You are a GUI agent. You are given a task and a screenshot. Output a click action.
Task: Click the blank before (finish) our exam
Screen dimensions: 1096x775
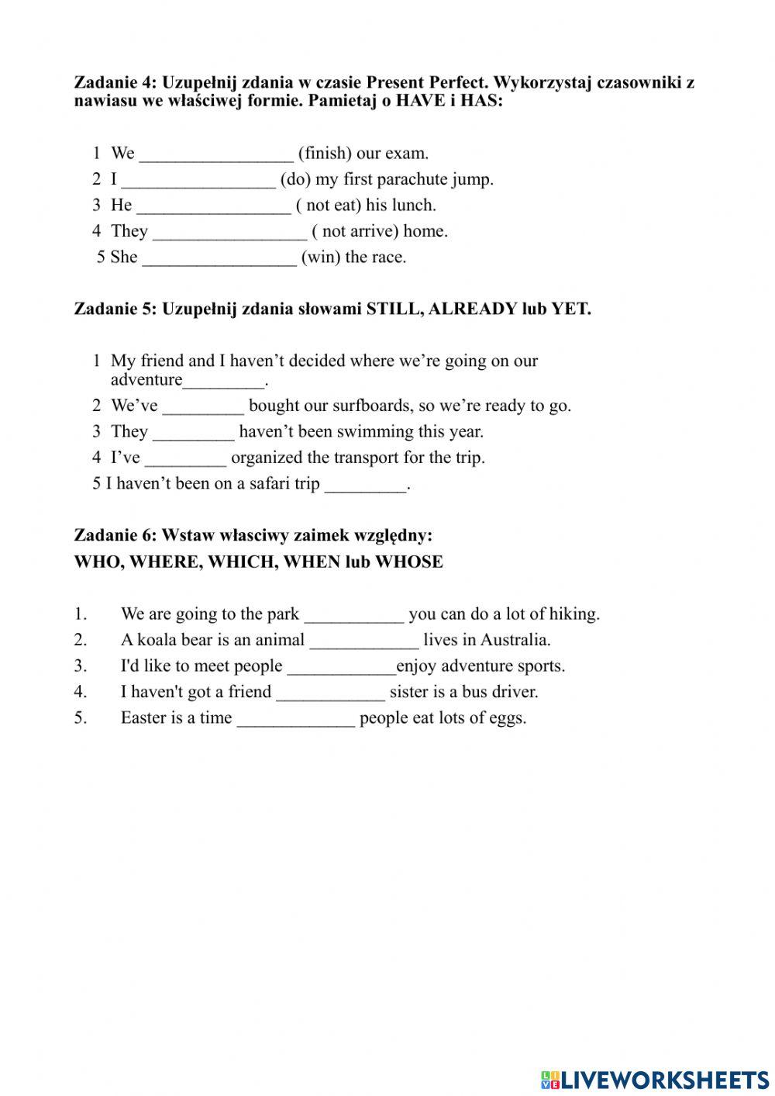coord(216,154)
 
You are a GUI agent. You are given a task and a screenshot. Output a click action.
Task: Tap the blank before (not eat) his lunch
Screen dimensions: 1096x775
coord(213,206)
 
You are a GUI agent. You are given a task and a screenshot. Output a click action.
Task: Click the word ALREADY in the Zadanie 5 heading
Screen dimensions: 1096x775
coord(472,309)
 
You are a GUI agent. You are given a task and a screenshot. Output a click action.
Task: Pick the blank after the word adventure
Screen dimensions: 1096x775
coord(224,381)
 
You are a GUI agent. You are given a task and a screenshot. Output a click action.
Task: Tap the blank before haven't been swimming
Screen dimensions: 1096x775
coord(193,432)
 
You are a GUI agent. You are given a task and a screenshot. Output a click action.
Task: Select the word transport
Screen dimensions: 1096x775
coord(366,458)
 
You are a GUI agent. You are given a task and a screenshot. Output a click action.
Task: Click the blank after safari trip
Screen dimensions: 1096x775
coord(365,485)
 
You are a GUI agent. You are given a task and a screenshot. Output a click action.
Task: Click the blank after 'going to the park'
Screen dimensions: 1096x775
coord(354,614)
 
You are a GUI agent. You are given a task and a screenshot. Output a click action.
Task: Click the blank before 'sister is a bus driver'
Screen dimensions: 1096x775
coord(330,692)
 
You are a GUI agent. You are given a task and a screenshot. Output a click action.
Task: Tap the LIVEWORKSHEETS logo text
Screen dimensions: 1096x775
coord(663,1079)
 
